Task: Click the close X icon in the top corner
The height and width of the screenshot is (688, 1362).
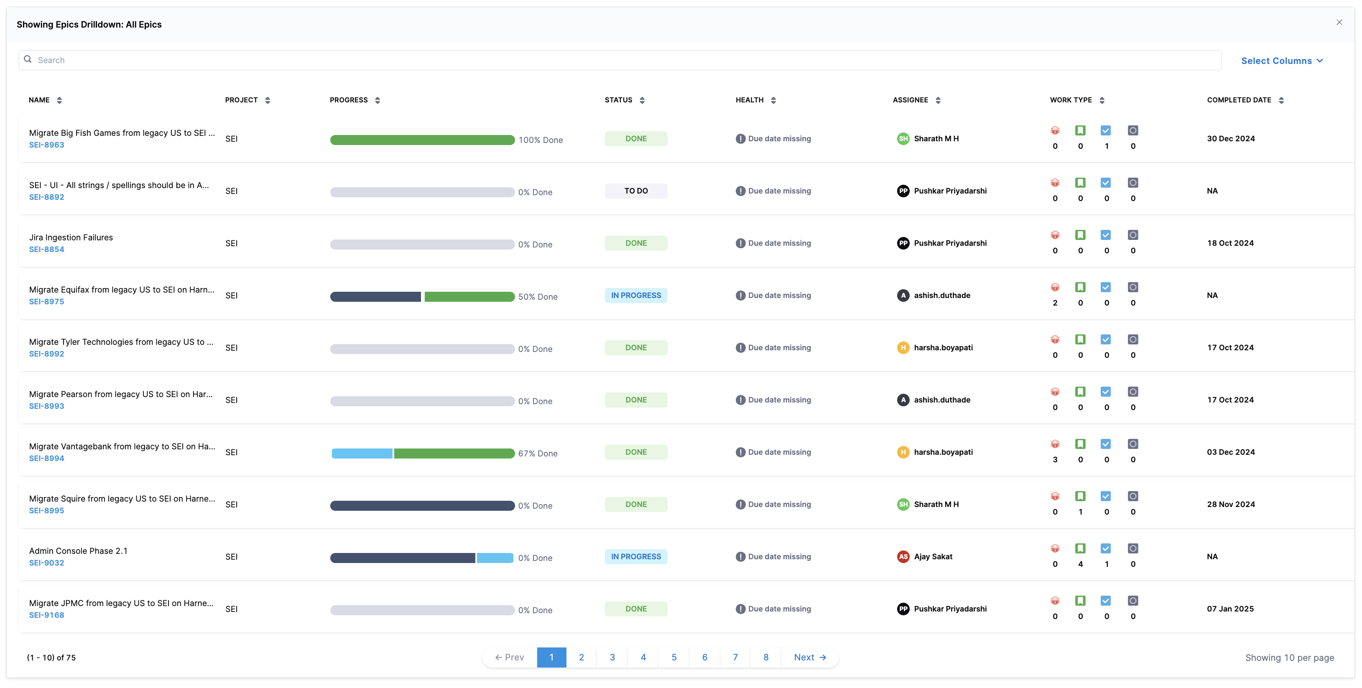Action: pos(1339,22)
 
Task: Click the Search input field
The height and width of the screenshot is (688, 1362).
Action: pos(619,60)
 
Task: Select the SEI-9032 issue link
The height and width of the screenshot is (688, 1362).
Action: pos(46,563)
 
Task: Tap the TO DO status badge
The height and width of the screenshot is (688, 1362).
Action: pos(635,191)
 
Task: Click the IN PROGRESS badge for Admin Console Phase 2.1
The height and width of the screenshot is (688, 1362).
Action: pos(635,556)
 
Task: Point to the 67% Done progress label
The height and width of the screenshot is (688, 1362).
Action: pos(538,453)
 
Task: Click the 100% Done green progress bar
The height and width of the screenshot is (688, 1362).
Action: pos(422,140)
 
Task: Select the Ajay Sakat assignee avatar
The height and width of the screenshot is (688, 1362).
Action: pos(903,556)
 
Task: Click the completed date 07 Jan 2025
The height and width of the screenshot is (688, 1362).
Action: pos(1230,609)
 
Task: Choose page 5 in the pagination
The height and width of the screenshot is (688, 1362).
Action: pos(673,657)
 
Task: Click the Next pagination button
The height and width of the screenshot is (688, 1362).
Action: pos(809,657)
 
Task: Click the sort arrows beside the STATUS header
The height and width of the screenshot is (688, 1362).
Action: pos(642,100)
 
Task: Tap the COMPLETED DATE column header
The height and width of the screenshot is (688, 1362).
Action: pos(1239,100)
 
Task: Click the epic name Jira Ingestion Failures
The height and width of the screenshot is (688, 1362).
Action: pos(71,237)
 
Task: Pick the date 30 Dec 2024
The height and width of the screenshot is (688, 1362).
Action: pos(1230,138)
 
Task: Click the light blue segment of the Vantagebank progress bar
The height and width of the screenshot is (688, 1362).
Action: pos(362,453)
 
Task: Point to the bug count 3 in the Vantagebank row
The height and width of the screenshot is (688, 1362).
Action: pos(1055,459)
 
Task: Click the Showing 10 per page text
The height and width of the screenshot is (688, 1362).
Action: pos(1289,657)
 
